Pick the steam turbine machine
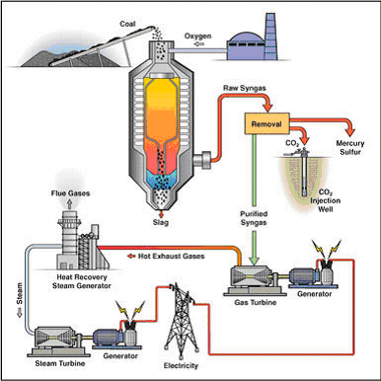coord(50,339)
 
